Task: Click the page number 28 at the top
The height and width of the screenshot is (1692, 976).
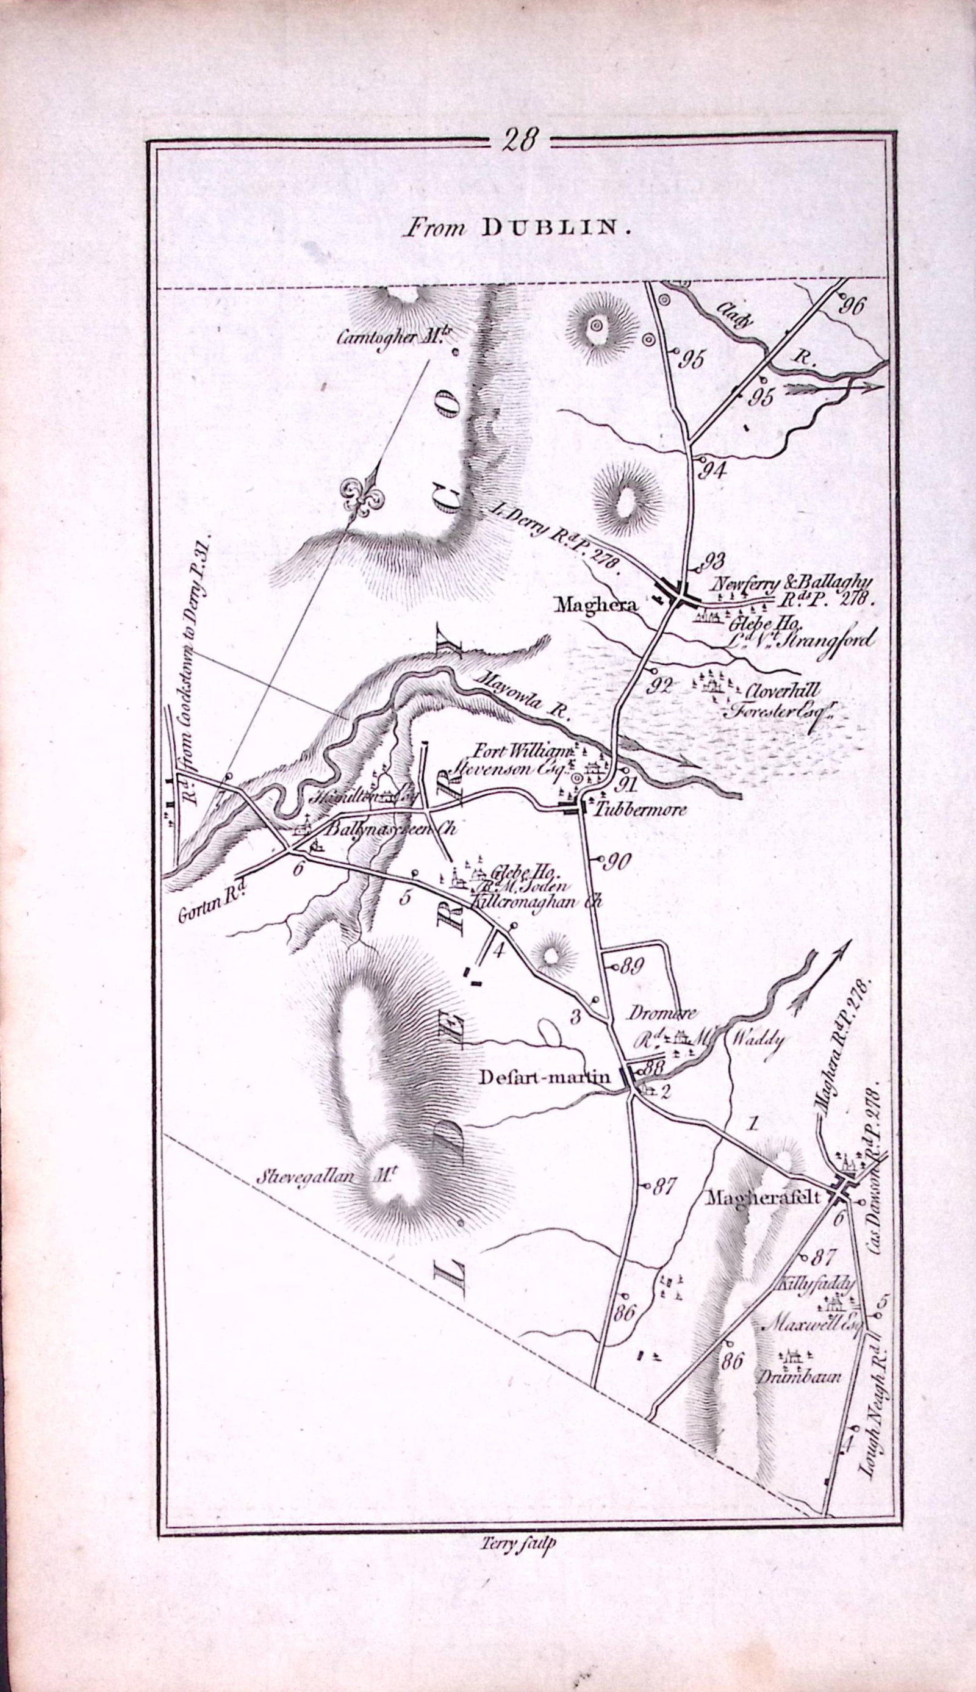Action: click(x=520, y=142)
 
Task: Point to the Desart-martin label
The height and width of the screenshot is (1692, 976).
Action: click(x=546, y=1076)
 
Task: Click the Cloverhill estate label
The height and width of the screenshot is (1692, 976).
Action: click(x=773, y=691)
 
